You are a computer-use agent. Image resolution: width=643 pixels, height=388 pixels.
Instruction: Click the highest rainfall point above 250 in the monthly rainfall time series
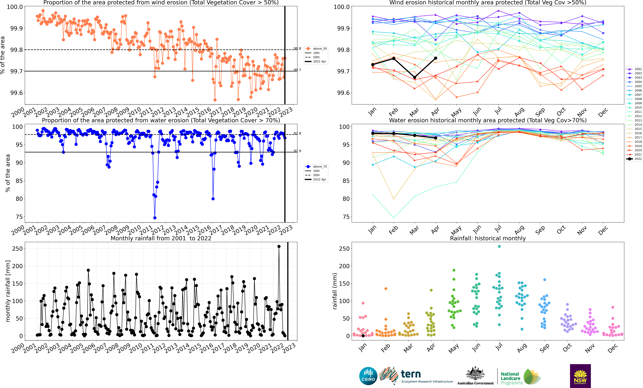point(279,246)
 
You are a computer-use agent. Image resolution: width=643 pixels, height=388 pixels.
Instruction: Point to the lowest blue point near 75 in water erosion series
point(155,218)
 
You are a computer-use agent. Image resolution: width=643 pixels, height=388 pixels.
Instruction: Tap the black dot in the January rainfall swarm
point(363,336)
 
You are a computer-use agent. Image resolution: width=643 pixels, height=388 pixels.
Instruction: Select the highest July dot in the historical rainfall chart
point(499,246)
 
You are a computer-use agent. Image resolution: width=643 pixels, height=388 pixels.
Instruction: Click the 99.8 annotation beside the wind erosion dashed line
point(297,49)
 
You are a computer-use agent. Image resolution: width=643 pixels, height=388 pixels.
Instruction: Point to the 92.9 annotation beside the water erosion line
point(297,151)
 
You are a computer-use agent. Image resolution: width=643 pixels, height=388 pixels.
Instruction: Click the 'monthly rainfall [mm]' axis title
point(8,291)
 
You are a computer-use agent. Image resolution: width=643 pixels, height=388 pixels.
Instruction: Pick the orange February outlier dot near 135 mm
point(386,289)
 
